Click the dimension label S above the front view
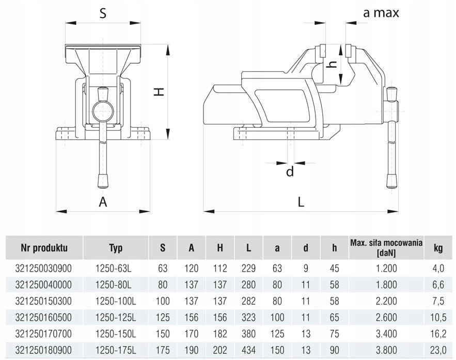tap(103, 14)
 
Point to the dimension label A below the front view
tap(103, 202)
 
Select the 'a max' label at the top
tap(381, 13)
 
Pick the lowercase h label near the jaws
tap(333, 65)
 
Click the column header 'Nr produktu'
tap(44, 248)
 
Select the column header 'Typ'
tap(116, 248)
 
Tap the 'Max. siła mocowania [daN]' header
tap(386, 248)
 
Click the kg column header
tap(438, 248)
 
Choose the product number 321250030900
tap(44, 269)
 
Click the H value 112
tap(220, 269)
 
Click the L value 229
tap(248, 269)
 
